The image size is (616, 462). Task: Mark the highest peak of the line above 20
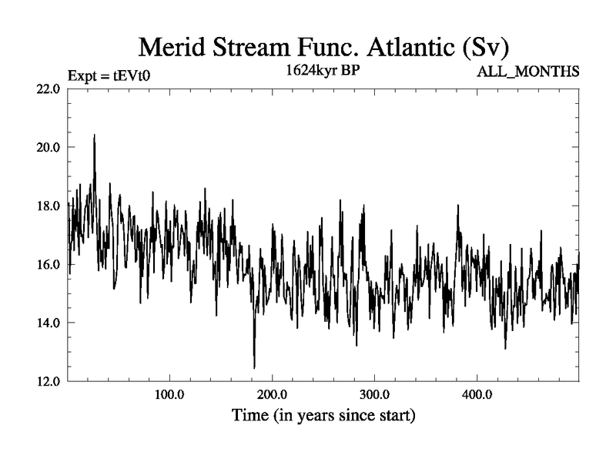[94, 136]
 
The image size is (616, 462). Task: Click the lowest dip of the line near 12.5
[254, 367]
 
